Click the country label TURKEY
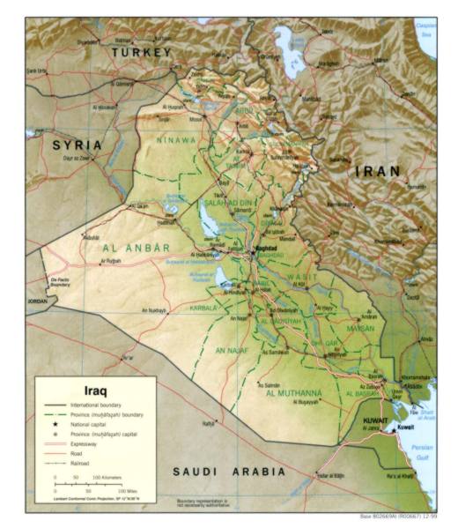tap(141, 53)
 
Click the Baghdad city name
tap(265, 249)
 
